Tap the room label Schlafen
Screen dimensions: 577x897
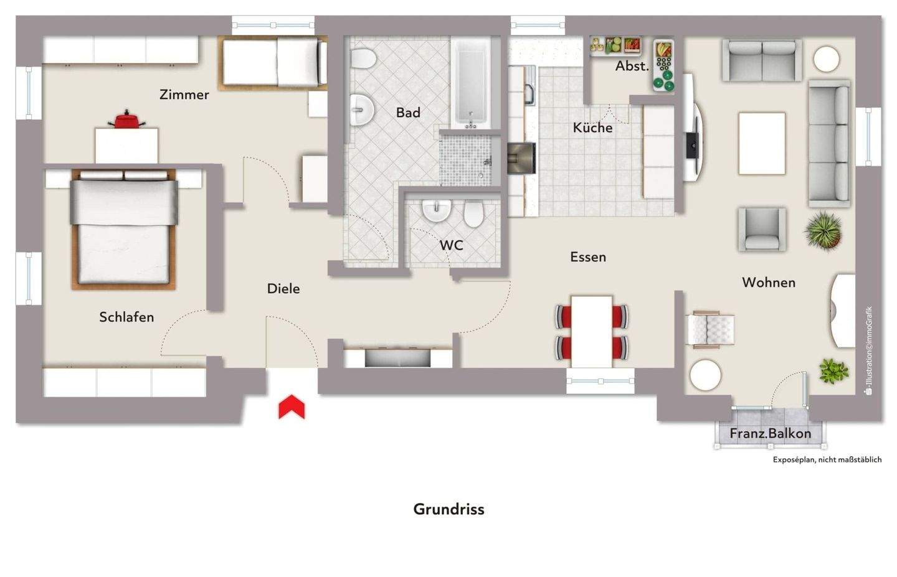(x=126, y=317)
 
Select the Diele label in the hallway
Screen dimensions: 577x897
(x=283, y=288)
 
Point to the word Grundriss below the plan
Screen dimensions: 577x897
(x=448, y=509)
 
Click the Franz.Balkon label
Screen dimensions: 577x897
(x=771, y=433)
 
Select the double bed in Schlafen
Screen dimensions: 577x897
(x=124, y=229)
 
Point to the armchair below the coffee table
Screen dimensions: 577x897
(x=762, y=229)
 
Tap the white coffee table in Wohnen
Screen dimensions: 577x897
(x=762, y=143)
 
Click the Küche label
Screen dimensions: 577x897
(x=592, y=128)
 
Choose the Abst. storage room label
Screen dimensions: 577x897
(x=632, y=66)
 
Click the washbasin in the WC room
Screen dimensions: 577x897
(x=436, y=210)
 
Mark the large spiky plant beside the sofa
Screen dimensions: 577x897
(x=823, y=230)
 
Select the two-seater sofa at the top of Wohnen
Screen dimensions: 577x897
(x=762, y=60)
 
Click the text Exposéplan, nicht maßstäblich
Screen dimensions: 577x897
(x=827, y=460)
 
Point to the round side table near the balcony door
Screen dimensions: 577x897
(x=706, y=375)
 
